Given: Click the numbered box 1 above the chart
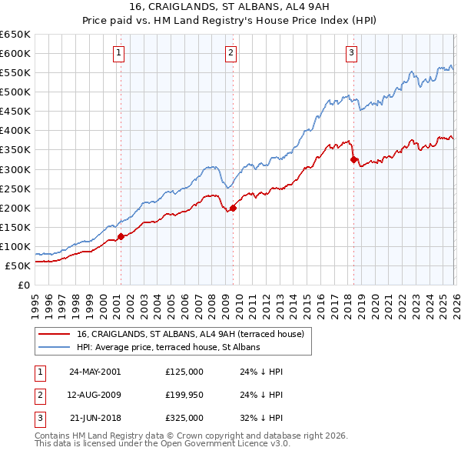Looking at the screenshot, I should [x=120, y=53].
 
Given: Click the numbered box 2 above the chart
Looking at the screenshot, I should [x=230, y=53].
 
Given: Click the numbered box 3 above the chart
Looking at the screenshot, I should [x=351, y=53].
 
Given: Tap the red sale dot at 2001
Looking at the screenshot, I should [x=121, y=236].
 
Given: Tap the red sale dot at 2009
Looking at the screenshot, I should [x=233, y=207].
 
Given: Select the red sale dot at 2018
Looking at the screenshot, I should [x=353, y=159].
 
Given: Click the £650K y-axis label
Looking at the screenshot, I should [x=15, y=35].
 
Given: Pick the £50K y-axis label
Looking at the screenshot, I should [x=18, y=266].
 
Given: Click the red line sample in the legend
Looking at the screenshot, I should [x=55, y=334].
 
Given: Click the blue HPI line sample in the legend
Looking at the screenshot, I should [x=55, y=347].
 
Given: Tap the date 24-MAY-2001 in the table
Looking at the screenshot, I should [x=95, y=371].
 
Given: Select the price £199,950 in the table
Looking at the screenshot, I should [x=184, y=395].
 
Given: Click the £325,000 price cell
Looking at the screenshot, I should [x=184, y=419].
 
